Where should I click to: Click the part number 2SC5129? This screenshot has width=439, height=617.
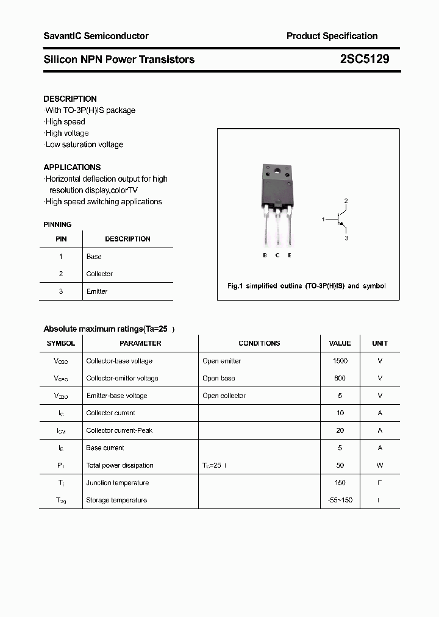click(x=365, y=59)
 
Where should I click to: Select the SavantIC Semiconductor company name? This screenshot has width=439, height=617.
click(x=96, y=36)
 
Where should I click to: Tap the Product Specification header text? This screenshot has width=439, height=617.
click(x=332, y=36)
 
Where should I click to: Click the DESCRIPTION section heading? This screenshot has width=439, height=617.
click(x=70, y=99)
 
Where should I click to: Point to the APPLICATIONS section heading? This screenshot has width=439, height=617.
click(x=72, y=167)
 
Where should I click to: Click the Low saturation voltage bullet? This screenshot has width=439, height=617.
click(x=84, y=144)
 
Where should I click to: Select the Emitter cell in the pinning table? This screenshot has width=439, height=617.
click(x=97, y=291)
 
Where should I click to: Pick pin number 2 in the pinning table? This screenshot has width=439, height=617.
click(x=61, y=274)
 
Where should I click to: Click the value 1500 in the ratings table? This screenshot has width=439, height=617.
click(x=340, y=361)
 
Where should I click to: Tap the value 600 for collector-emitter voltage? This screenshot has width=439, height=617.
click(x=340, y=378)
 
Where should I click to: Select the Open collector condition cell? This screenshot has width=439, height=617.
click(x=224, y=396)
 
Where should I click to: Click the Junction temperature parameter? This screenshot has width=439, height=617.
click(x=117, y=483)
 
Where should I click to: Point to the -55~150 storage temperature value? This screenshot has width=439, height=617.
click(x=340, y=500)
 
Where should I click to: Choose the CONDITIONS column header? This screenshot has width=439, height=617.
click(x=259, y=343)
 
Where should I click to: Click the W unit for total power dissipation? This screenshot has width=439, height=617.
click(x=380, y=465)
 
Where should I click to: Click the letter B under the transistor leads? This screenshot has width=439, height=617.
click(x=265, y=255)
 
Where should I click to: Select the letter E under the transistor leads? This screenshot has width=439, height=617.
click(x=290, y=255)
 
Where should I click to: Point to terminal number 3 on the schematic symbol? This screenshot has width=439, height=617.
click(x=346, y=238)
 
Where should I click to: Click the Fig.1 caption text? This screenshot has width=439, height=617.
click(x=306, y=286)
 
